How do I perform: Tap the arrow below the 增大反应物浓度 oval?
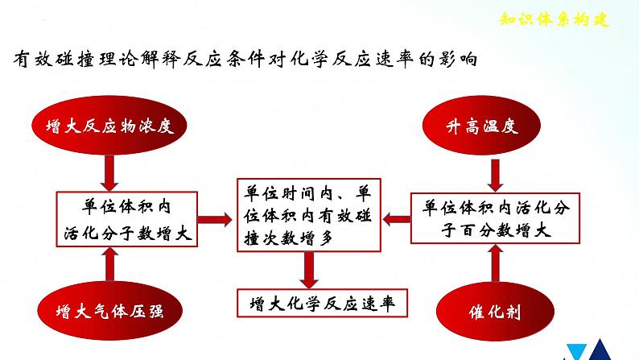(x=109, y=170)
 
